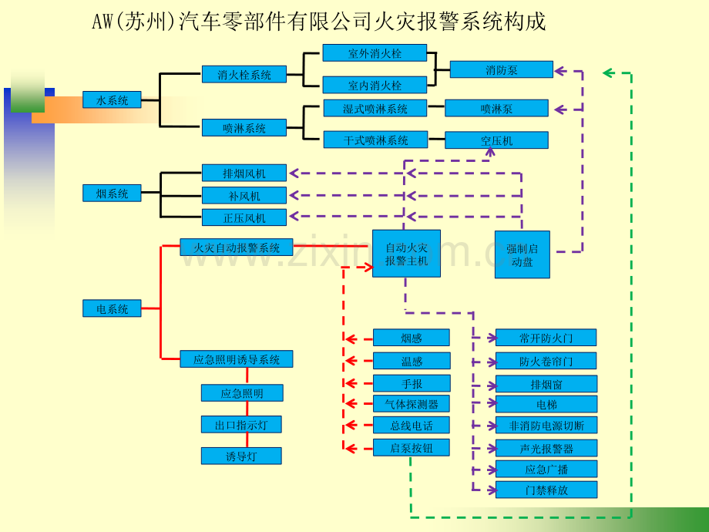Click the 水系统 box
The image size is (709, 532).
pos(112,100)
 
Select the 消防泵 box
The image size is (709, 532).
pos(502,69)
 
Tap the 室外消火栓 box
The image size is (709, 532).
pos(375,53)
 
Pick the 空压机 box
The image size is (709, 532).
pos(496,140)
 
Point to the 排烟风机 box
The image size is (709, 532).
pos(244,173)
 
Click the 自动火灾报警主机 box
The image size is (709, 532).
pos(406,254)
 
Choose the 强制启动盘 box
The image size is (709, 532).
pos(523,254)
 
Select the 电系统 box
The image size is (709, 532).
pos(112,308)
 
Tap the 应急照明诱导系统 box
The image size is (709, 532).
pos(237,359)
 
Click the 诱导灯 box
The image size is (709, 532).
pos(241,456)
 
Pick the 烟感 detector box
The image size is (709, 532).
pos(412,338)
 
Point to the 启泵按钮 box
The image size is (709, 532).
pos(412,448)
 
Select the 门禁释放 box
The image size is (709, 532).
pos(546,490)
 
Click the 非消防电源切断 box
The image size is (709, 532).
pos(546,426)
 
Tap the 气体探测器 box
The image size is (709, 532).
pos(412,404)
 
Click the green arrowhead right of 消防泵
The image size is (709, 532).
pos(609,72)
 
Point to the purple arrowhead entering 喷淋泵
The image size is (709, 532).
pos(559,109)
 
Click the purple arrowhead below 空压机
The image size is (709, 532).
pos(489,153)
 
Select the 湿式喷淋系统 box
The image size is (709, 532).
pos(375,108)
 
